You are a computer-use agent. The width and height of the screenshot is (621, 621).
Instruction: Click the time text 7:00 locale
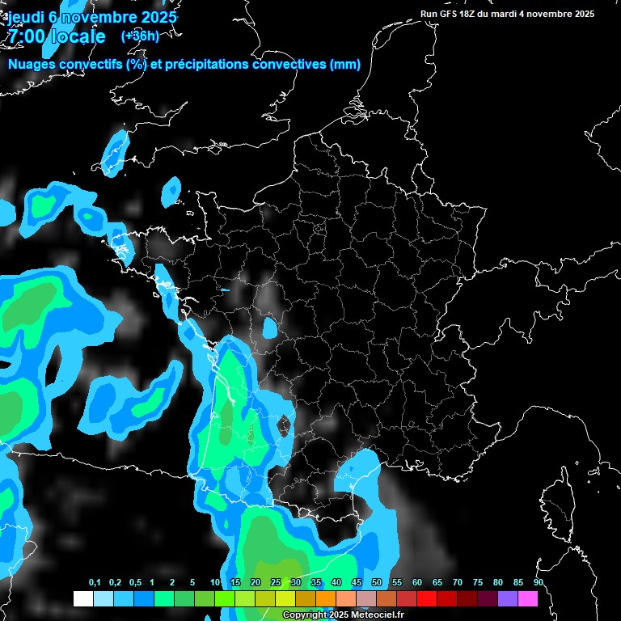click(55, 36)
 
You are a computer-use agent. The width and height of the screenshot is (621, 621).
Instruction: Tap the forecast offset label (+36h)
click(140, 36)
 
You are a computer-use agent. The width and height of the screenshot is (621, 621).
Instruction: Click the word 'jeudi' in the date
click(23, 16)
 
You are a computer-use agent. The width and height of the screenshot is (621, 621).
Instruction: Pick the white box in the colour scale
click(82, 599)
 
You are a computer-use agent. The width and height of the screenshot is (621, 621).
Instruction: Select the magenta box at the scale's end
click(528, 599)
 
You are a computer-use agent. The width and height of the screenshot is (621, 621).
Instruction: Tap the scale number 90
click(539, 583)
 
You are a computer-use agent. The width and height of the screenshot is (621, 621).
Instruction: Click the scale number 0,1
click(95, 583)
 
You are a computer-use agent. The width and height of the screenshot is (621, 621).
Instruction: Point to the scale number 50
click(377, 583)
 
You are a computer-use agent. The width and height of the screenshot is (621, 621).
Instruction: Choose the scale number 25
click(276, 583)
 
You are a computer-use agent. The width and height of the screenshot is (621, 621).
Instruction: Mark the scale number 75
click(478, 583)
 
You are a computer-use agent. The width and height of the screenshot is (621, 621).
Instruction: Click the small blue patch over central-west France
click(270, 327)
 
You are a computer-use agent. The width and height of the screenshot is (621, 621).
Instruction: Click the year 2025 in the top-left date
click(157, 16)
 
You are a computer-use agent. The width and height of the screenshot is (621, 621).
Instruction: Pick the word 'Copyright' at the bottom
click(305, 615)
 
